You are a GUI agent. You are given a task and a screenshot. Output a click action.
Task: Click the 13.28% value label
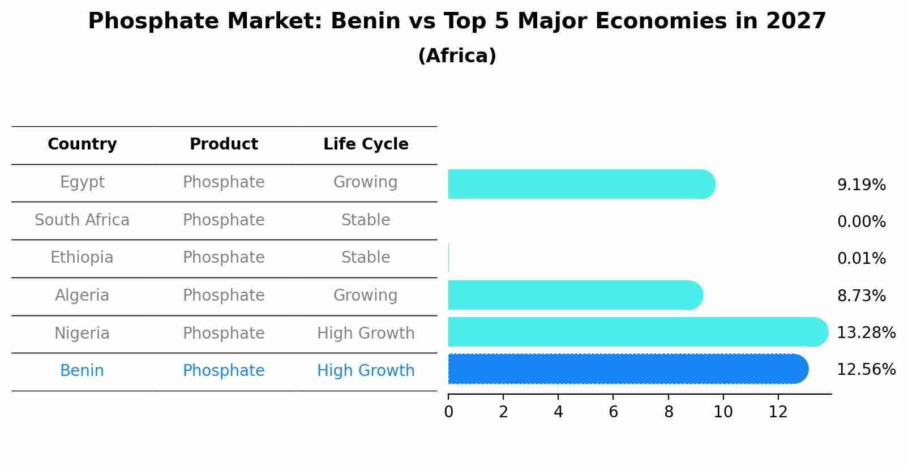click(x=866, y=333)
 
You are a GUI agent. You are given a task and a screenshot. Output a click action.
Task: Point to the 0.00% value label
click(x=861, y=222)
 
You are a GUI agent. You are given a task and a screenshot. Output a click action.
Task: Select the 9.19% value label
click(x=861, y=185)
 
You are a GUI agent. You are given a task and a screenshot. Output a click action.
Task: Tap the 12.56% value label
click(x=866, y=370)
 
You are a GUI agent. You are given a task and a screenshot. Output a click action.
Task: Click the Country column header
click(x=82, y=144)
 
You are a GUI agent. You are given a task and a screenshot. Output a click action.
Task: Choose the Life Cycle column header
click(x=366, y=144)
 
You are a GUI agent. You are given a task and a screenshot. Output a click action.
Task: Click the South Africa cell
click(x=82, y=220)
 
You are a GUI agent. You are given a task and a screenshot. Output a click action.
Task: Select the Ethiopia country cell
click(x=82, y=258)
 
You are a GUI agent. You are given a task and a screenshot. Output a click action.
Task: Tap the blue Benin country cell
click(x=82, y=371)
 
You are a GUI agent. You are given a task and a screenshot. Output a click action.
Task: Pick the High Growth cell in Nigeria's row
click(x=366, y=334)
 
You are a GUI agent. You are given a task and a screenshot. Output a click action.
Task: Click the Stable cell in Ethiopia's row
click(x=366, y=258)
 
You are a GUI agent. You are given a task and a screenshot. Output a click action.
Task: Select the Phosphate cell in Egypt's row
click(x=224, y=182)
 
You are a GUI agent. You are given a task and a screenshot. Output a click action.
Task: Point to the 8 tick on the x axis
click(x=669, y=412)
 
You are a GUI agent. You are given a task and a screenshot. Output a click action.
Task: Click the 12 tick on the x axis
click(x=778, y=412)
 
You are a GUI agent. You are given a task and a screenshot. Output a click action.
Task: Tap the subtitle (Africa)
click(x=457, y=56)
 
